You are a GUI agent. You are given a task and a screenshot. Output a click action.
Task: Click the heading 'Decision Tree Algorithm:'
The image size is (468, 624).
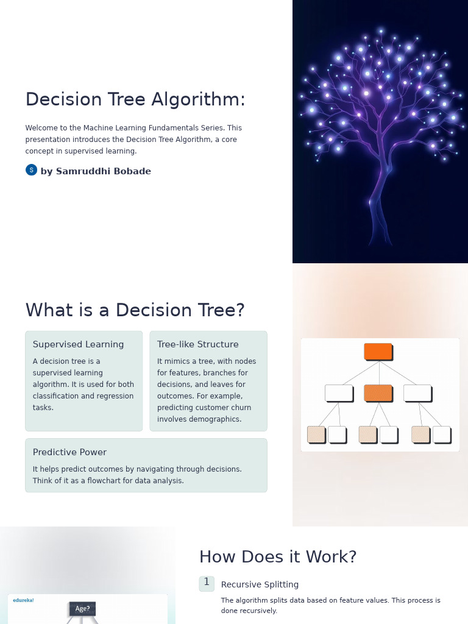[x=135, y=99]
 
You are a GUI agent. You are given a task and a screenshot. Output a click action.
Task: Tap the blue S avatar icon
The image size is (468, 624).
[x=31, y=170]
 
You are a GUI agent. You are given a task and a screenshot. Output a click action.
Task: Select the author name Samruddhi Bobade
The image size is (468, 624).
[x=96, y=171]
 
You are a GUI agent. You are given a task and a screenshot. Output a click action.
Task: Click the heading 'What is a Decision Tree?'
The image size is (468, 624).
[x=135, y=310]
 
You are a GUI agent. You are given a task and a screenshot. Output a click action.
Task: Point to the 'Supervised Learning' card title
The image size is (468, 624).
[x=78, y=344]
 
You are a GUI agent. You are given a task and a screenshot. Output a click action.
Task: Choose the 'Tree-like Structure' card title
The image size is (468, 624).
[x=198, y=344]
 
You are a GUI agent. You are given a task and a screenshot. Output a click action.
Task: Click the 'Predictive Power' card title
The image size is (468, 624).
[x=69, y=452]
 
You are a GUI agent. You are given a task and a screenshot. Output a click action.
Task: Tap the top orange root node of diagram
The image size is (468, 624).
[x=378, y=352]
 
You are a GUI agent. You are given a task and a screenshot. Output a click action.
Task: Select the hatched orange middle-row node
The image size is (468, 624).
[x=378, y=393]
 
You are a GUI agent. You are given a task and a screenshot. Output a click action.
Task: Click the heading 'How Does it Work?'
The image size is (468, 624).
[x=277, y=557]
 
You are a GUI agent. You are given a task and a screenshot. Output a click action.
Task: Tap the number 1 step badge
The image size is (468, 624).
[x=207, y=583]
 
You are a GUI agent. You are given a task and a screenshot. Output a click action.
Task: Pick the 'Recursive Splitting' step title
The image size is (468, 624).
[x=260, y=584]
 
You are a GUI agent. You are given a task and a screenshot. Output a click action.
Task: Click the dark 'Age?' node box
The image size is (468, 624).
[x=82, y=609]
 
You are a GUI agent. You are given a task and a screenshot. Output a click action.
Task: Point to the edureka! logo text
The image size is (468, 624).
[x=23, y=600]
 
